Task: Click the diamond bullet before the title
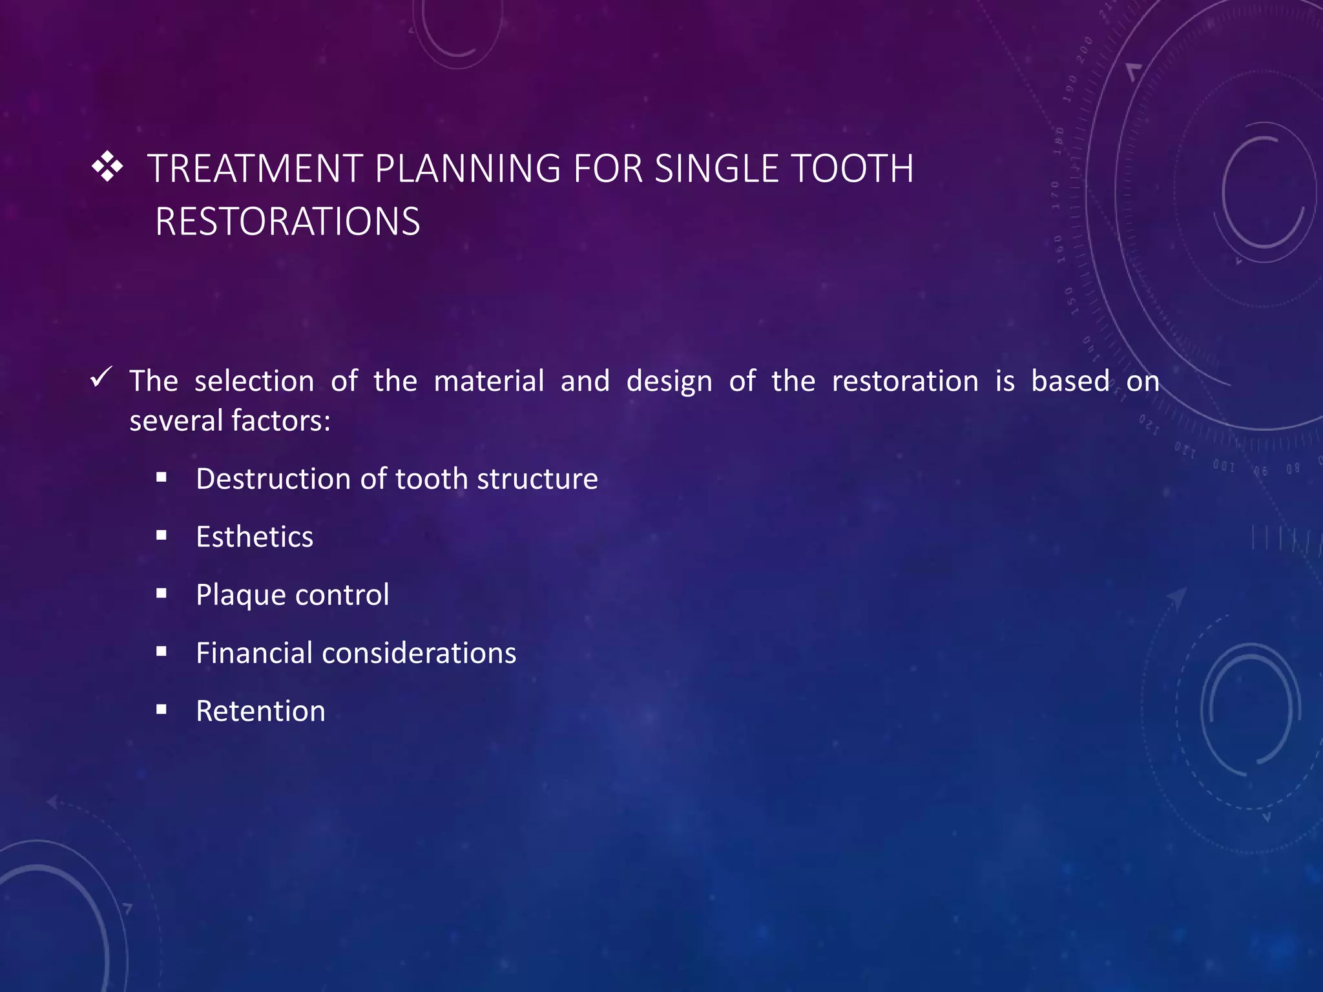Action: pyautogui.click(x=107, y=167)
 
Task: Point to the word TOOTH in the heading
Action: pyautogui.click(x=852, y=169)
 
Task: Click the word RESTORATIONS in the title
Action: pyautogui.click(x=287, y=222)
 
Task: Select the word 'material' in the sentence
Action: pyautogui.click(x=489, y=381)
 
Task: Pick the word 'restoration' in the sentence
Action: pyautogui.click(x=905, y=381)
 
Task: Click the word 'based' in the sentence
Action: pyautogui.click(x=1070, y=381)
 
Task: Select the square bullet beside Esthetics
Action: pyautogui.click(x=161, y=535)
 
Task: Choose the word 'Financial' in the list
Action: pyautogui.click(x=254, y=653)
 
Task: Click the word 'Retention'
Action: pyautogui.click(x=260, y=711)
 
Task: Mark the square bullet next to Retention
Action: pyautogui.click(x=161, y=710)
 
